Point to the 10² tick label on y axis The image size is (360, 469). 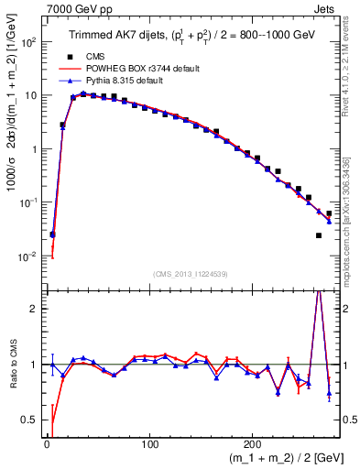click(28, 42)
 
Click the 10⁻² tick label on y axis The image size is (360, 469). click(28, 256)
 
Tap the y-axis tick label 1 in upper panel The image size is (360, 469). click(34, 149)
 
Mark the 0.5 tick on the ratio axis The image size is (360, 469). click(30, 420)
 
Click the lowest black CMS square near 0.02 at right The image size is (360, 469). click(318, 236)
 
